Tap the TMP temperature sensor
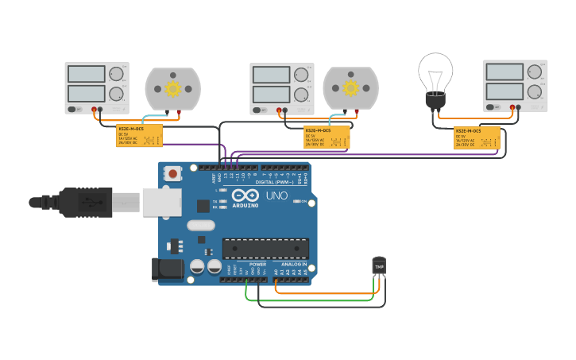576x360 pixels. pyautogui.click(x=379, y=265)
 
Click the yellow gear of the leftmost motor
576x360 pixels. pyautogui.click(x=172, y=88)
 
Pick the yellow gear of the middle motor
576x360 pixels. pyautogui.click(x=350, y=87)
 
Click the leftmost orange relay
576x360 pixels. pyautogui.click(x=140, y=135)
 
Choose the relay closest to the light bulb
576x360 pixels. pyautogui.click(x=477, y=137)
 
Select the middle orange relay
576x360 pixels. pyautogui.click(x=327, y=137)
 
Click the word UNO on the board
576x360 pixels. pyautogui.click(x=276, y=195)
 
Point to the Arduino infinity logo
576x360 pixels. pyautogui.click(x=246, y=195)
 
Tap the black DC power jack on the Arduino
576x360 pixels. pyautogui.click(x=168, y=269)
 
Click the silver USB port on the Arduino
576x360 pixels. pyautogui.click(x=162, y=202)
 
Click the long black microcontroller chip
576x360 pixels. pyautogui.click(x=265, y=248)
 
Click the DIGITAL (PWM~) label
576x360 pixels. pyautogui.click(x=269, y=182)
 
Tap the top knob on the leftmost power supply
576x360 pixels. pyautogui.click(x=117, y=75)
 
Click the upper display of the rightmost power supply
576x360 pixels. pyautogui.click(x=504, y=72)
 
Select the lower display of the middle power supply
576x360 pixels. pyautogui.click(x=271, y=95)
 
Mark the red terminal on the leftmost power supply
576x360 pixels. pyautogui.click(x=94, y=109)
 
